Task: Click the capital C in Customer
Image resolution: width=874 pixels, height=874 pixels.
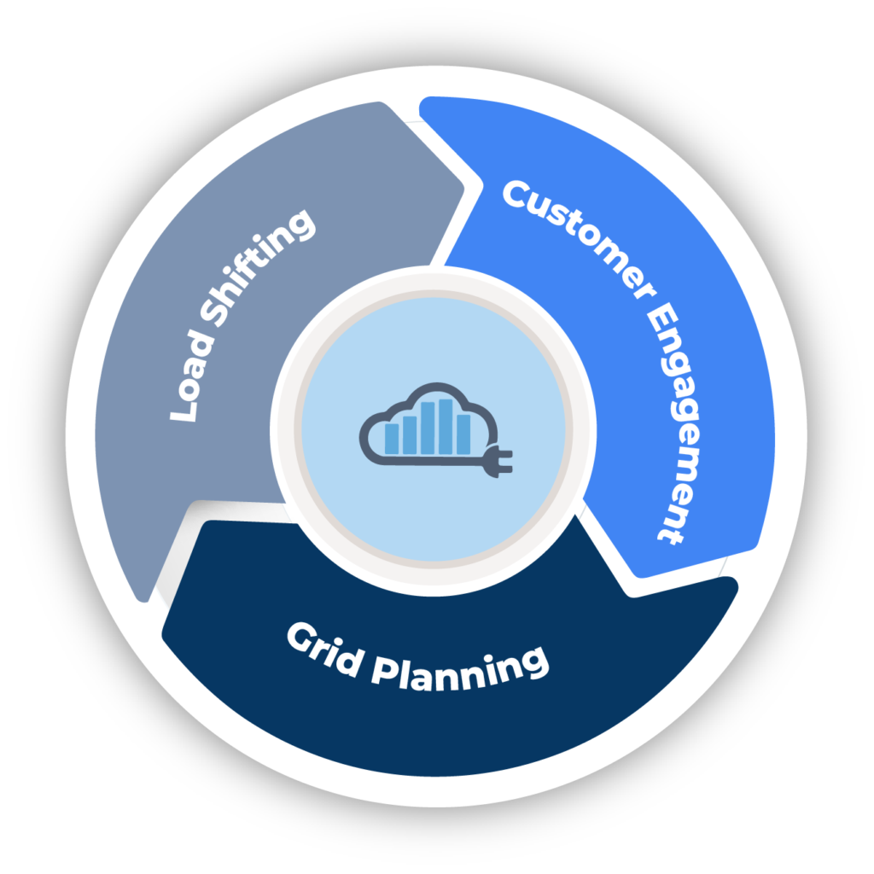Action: (x=516, y=194)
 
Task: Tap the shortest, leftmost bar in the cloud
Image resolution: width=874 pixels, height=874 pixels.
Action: (x=392, y=437)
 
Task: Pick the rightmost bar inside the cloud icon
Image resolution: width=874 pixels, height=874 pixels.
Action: (x=463, y=433)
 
